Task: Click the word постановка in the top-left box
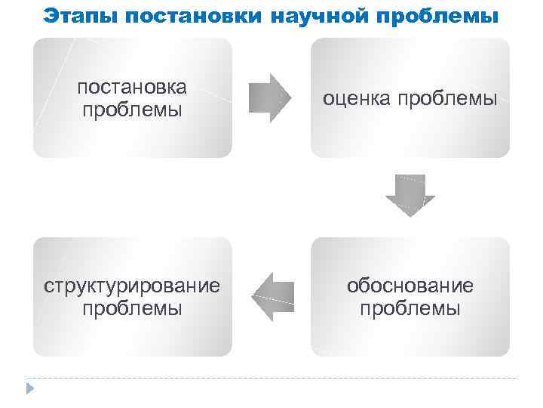tap(132, 87)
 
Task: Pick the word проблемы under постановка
tap(132, 110)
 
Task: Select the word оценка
tap(358, 98)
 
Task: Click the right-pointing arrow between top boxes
tap(270, 98)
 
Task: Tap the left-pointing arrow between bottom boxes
tap(271, 297)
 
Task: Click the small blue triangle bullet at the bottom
tap(30, 389)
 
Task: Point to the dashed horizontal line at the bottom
tap(271, 377)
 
